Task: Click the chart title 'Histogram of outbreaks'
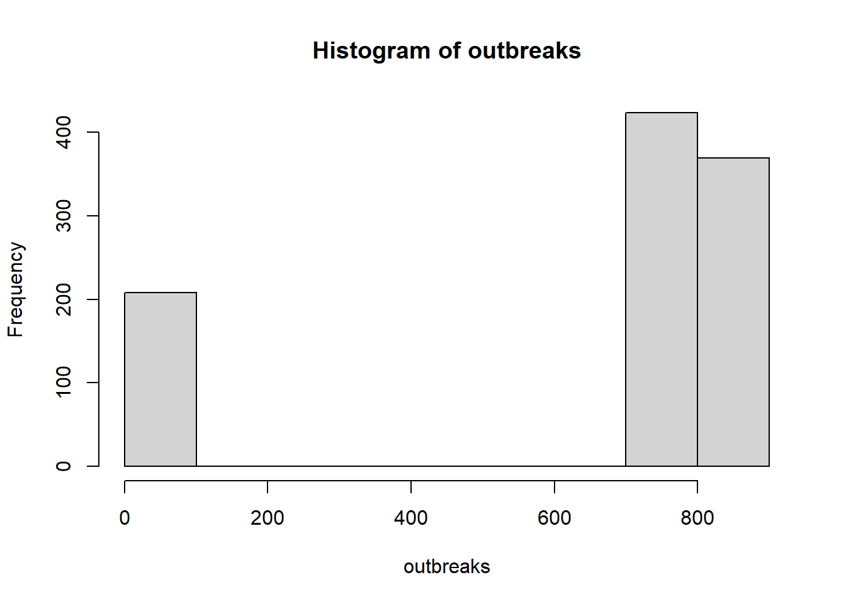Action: tap(446, 50)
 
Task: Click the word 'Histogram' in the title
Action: tap(371, 51)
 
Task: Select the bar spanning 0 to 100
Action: tap(161, 379)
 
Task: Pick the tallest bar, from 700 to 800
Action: tap(662, 289)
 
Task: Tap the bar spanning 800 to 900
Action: tap(733, 312)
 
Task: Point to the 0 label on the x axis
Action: tap(125, 518)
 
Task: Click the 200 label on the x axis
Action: tap(268, 518)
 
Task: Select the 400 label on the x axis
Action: tap(411, 518)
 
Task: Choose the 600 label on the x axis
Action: tap(554, 518)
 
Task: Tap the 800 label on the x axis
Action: tap(697, 518)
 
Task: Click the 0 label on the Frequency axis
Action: tap(64, 466)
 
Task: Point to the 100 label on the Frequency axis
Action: tap(64, 382)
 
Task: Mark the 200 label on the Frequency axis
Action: tap(64, 299)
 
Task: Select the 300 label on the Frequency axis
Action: tap(64, 216)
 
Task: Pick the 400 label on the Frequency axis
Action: tap(64, 132)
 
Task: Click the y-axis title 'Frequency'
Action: tap(16, 289)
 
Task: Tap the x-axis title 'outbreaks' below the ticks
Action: tap(447, 567)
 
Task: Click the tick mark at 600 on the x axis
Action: tap(555, 487)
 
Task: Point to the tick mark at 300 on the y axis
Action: tap(93, 216)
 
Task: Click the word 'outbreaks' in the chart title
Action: tap(524, 50)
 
